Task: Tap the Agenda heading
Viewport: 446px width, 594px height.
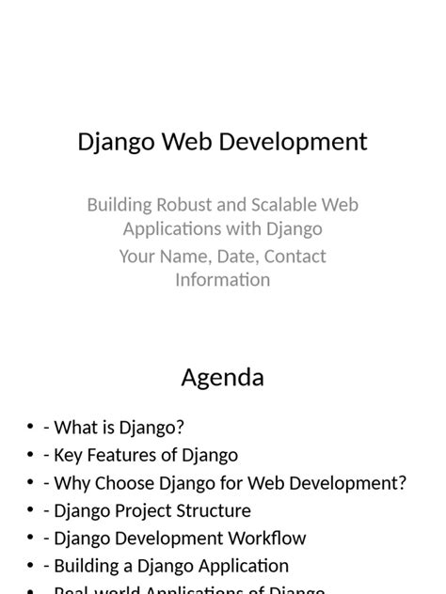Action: (223, 378)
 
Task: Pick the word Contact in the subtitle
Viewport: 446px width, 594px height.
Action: (295, 257)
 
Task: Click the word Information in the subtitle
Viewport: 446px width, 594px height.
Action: (223, 280)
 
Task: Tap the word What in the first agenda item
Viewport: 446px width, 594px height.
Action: (76, 428)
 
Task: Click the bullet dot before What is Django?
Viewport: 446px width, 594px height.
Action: (31, 428)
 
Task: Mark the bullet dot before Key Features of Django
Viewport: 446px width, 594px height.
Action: (31, 455)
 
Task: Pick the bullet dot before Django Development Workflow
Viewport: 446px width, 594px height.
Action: (31, 539)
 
